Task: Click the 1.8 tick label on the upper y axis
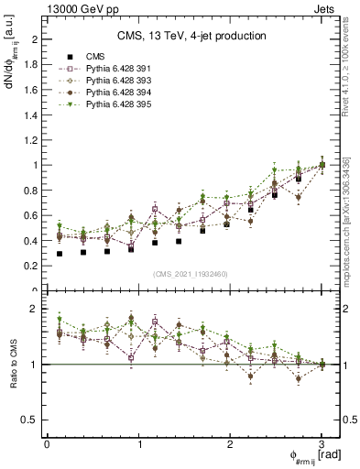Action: [32, 65]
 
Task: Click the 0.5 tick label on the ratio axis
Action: [32, 420]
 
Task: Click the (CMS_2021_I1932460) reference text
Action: [191, 274]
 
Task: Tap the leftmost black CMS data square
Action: [60, 254]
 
